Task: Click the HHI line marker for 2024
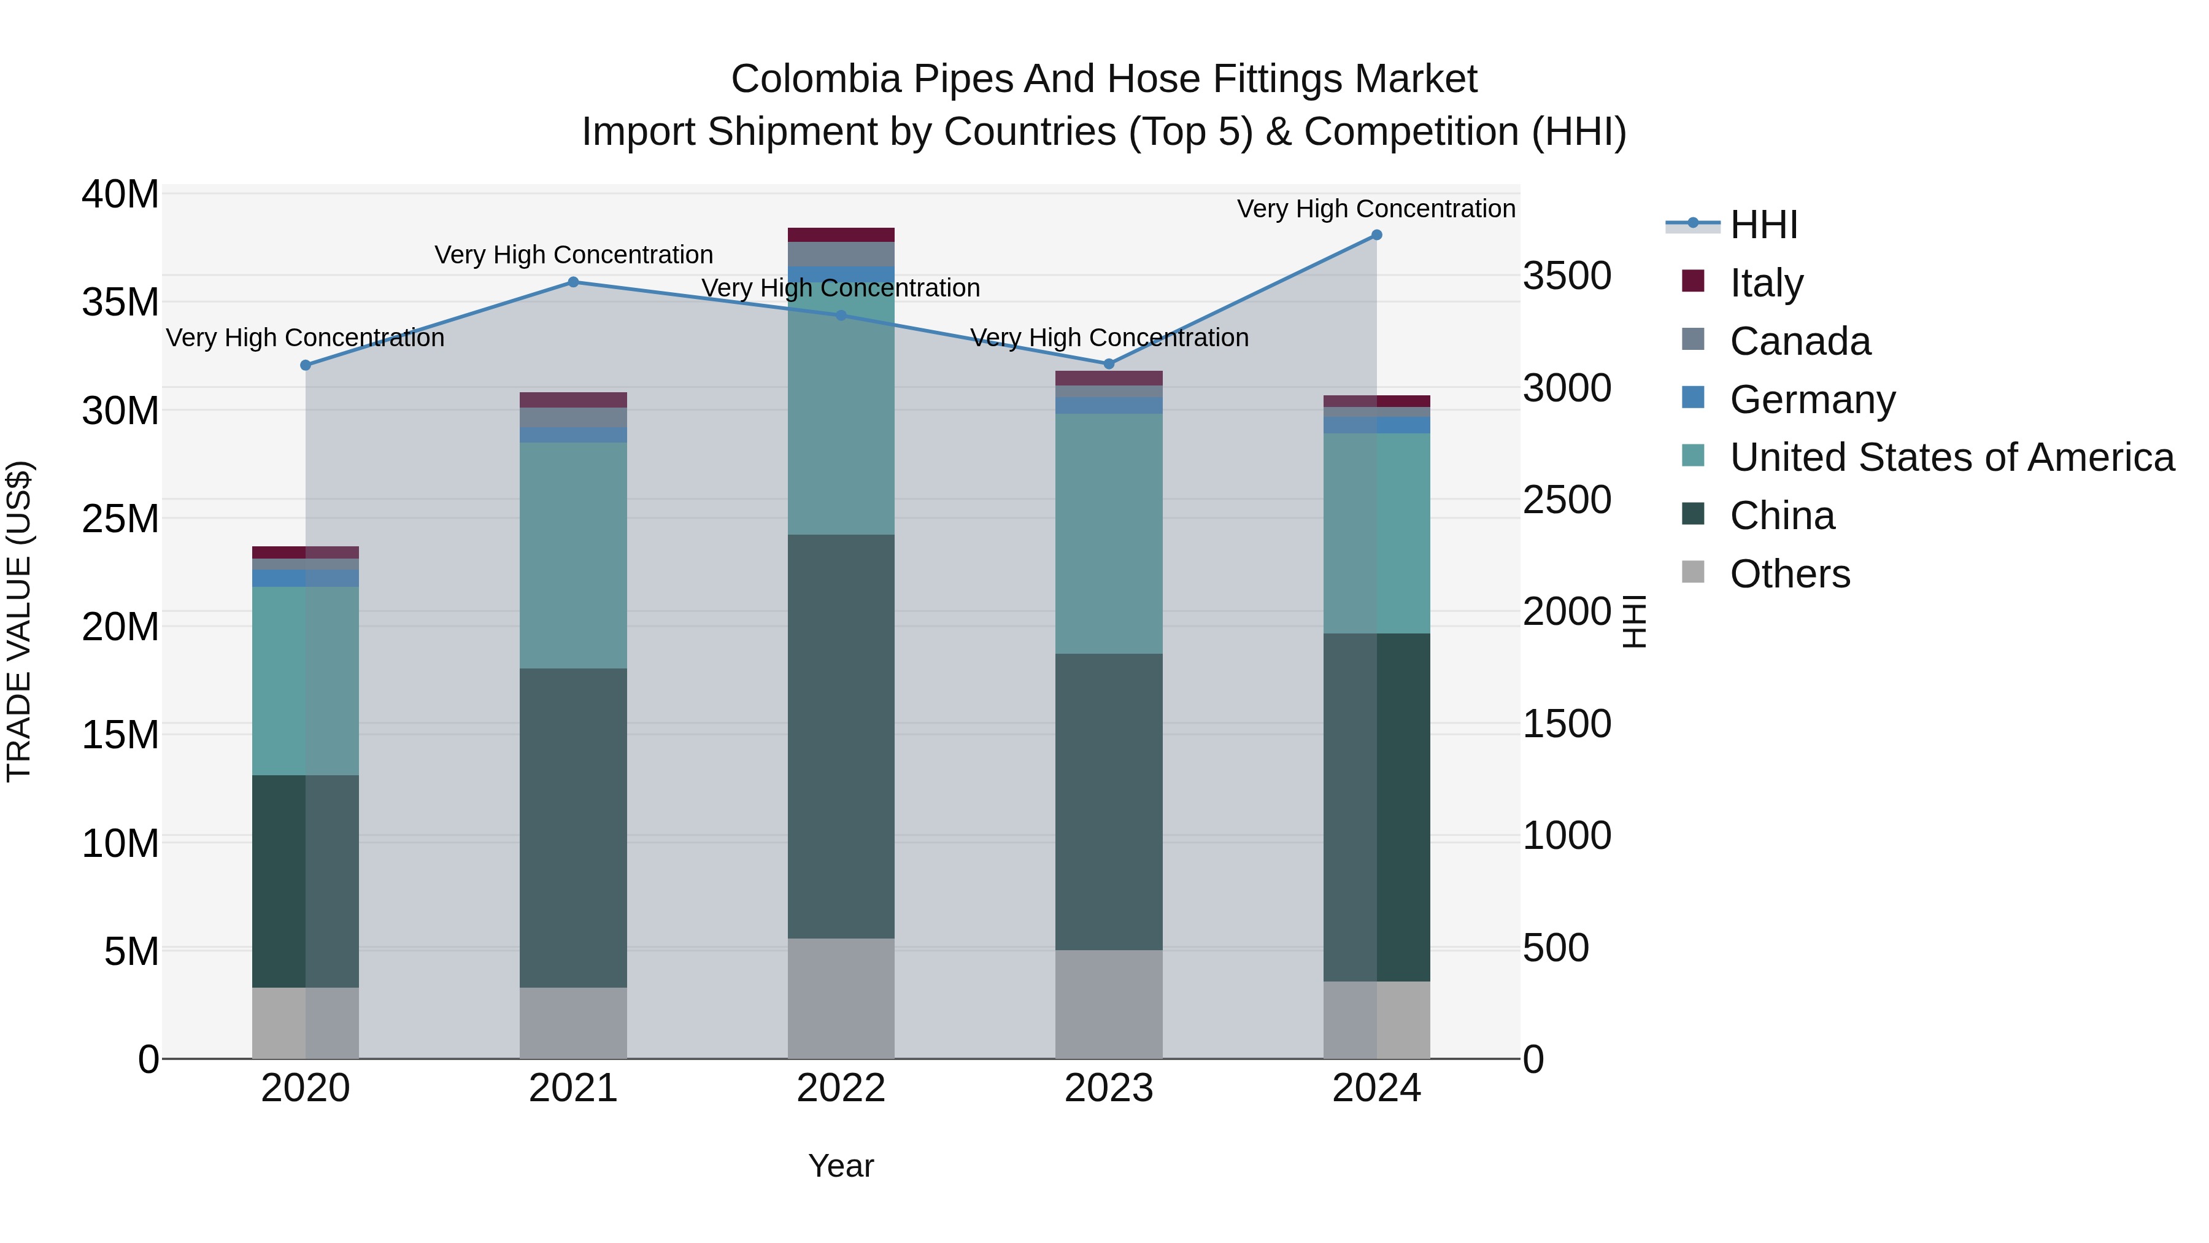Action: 1376,235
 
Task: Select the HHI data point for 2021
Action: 574,282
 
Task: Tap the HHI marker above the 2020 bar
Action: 306,365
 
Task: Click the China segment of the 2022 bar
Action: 841,736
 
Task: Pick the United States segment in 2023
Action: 1108,533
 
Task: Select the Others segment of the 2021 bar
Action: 573,1023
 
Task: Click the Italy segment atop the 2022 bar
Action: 841,235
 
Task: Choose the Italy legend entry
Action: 1767,282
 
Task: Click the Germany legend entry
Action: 1812,400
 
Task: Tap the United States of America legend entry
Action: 1952,457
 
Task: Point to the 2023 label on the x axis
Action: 1108,1088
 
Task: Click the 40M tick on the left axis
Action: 120,195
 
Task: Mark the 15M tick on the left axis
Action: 120,735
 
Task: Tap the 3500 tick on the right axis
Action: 1567,276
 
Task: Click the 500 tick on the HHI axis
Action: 1556,948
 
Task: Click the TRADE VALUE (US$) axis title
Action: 19,621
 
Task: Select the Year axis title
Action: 841,1166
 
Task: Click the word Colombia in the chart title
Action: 815,80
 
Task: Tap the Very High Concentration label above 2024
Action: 1376,209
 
